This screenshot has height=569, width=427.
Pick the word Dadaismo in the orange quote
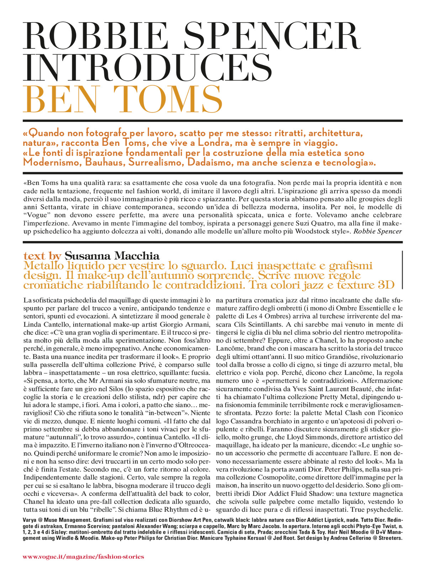(x=212, y=163)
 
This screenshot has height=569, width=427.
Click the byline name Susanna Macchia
(x=112, y=255)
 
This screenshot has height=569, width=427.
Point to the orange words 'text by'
(x=42, y=255)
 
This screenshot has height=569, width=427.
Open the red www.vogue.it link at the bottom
(x=83, y=557)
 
